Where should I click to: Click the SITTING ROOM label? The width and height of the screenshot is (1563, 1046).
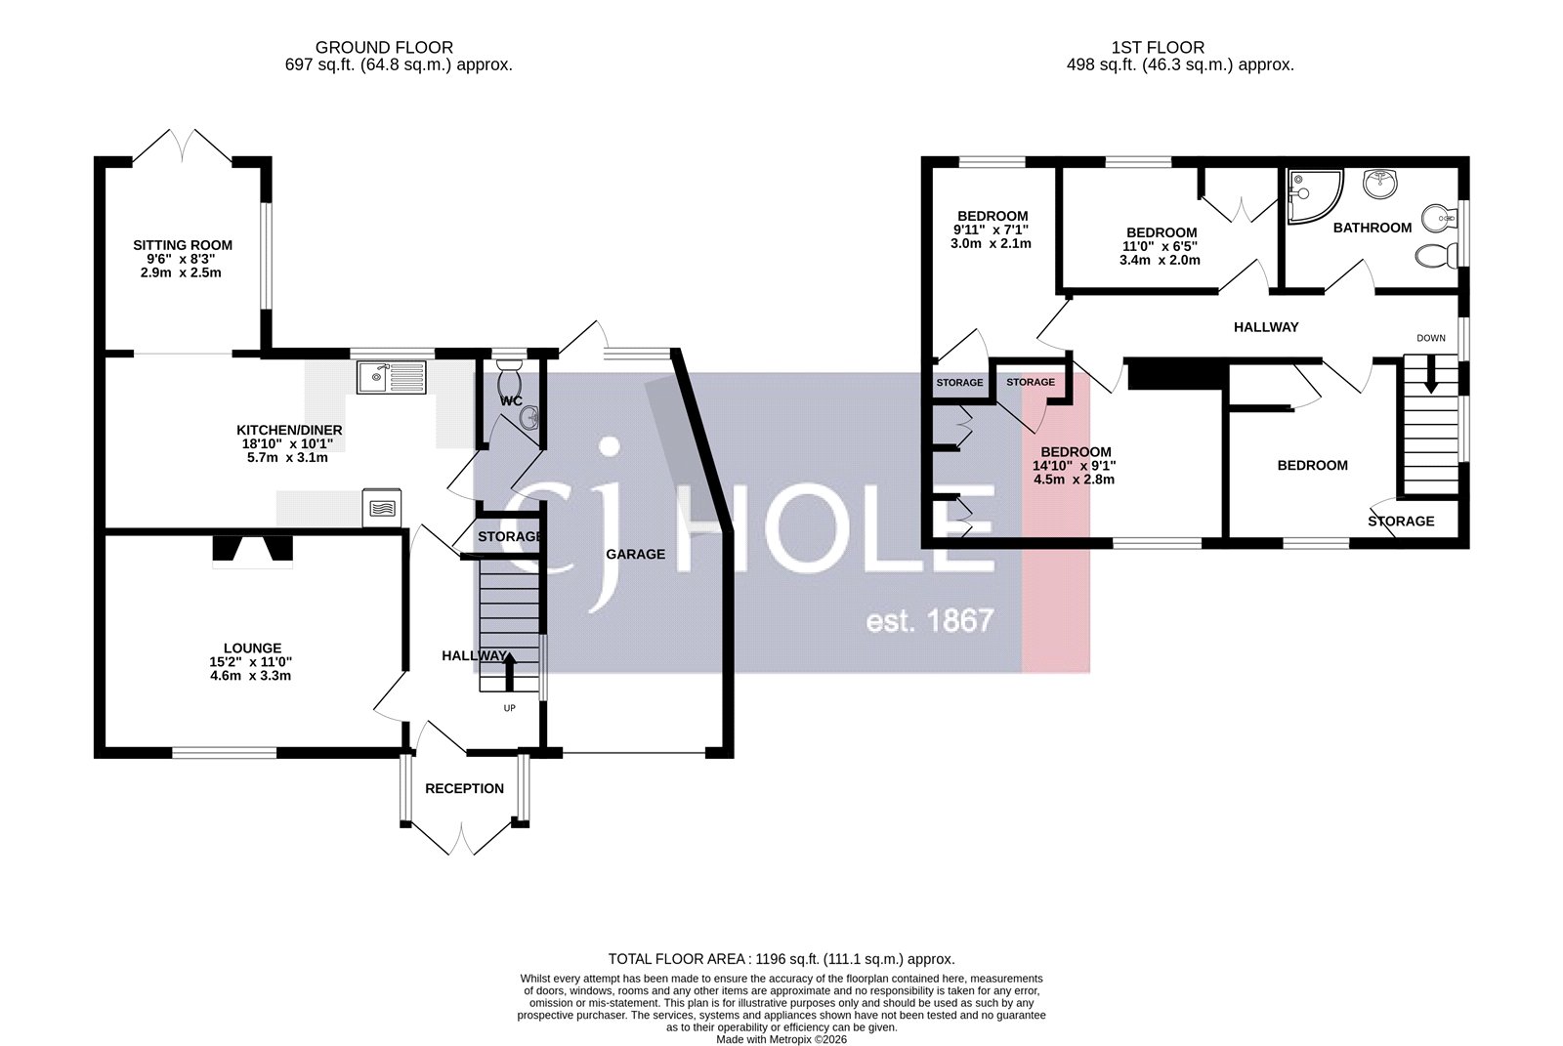[183, 245]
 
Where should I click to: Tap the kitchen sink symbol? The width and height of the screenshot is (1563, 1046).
[391, 377]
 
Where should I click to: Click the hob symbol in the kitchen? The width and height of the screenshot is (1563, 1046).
[382, 508]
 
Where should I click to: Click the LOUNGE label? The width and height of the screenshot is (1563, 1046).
[252, 648]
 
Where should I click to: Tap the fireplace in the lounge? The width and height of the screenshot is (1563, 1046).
[252, 552]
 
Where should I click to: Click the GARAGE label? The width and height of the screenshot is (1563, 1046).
[635, 554]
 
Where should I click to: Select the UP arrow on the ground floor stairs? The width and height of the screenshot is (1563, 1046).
[508, 672]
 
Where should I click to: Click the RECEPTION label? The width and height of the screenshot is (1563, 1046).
[464, 788]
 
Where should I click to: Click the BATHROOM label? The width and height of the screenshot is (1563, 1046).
[1372, 228]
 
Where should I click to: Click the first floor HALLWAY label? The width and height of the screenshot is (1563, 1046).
[1265, 327]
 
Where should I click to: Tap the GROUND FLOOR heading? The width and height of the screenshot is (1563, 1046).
[384, 47]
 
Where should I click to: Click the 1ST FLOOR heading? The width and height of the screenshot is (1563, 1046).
[1157, 47]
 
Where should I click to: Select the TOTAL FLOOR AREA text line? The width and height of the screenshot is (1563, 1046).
[781, 959]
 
